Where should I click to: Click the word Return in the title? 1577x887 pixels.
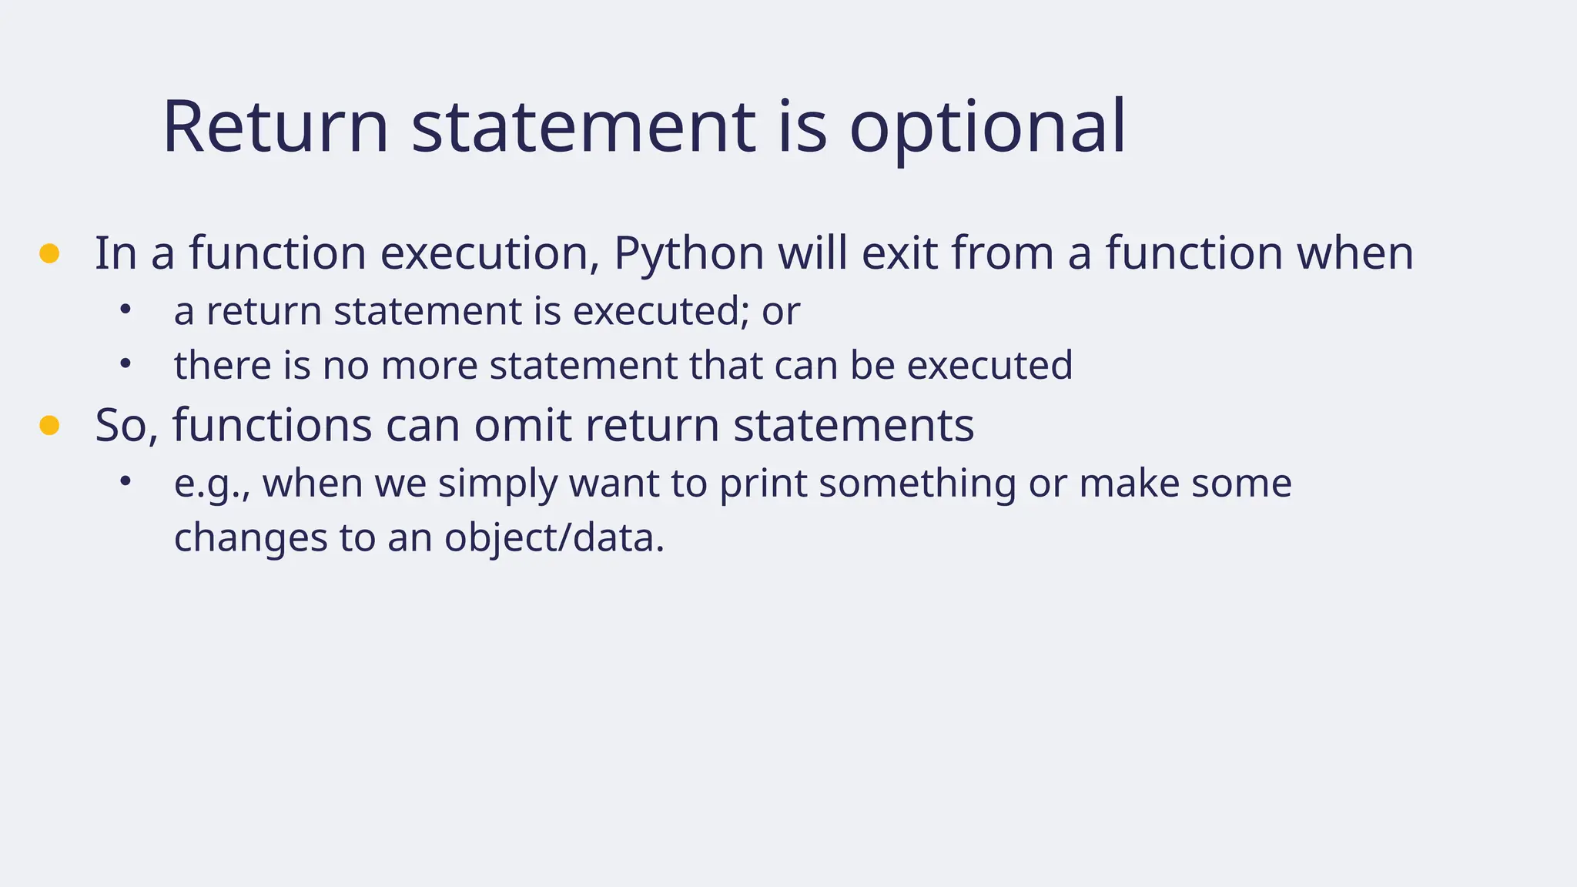click(275, 127)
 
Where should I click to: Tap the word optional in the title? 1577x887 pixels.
click(987, 127)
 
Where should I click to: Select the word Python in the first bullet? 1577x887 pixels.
click(688, 253)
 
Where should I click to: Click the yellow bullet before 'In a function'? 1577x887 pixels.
click(49, 253)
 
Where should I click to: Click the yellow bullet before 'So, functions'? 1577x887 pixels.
click(49, 425)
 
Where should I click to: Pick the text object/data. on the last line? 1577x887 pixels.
click(554, 537)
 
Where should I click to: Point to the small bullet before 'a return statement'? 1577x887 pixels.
click(126, 310)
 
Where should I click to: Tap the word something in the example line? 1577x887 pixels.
click(917, 484)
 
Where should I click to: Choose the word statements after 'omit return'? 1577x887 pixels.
click(853, 425)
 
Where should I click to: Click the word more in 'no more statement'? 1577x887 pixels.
click(429, 365)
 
